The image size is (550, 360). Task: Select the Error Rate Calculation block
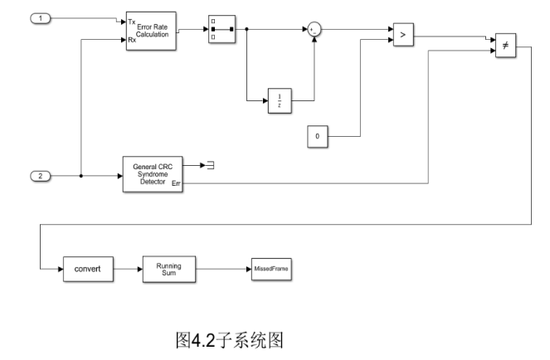pos(150,32)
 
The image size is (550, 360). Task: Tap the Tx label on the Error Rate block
pos(132,22)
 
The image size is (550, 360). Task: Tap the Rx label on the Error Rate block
pos(132,40)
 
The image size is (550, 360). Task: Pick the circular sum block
pos(314,29)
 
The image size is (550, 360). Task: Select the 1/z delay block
pos(280,100)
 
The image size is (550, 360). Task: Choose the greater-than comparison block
pos(403,36)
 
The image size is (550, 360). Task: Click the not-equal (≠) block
pos(505,46)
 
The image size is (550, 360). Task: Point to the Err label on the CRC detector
pos(175,183)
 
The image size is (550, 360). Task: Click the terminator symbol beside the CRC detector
pos(211,165)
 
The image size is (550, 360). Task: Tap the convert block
pos(87,270)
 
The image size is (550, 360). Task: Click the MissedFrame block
pos(273,269)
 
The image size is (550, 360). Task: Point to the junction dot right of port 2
pos(80,176)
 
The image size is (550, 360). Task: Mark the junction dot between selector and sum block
pos(247,30)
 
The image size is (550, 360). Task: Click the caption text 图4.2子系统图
pos(230,340)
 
